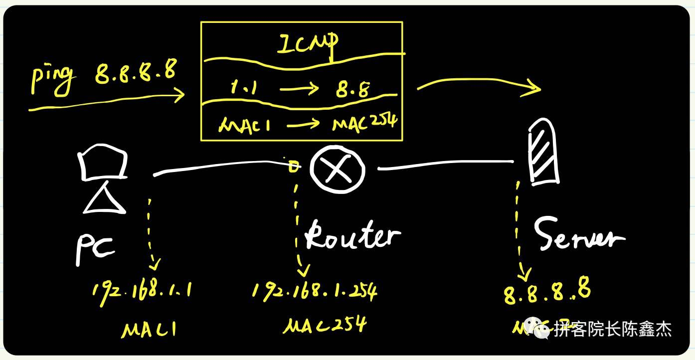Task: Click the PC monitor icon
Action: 102,162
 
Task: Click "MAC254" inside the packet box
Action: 365,123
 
